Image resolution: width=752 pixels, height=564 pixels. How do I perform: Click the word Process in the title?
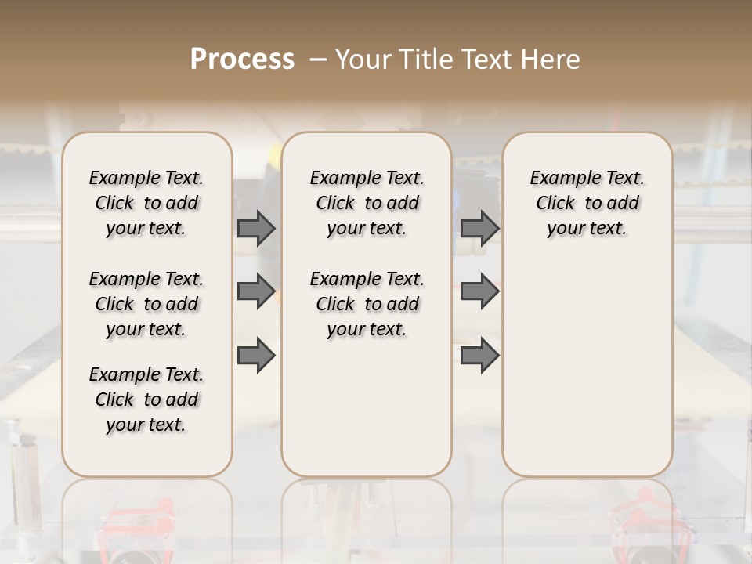pyautogui.click(x=242, y=59)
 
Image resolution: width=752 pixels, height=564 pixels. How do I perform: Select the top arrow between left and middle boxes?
pyautogui.click(x=256, y=228)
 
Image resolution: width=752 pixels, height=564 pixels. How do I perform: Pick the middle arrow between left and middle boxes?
pyautogui.click(x=256, y=291)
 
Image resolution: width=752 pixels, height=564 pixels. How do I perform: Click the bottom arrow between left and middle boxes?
pyautogui.click(x=256, y=355)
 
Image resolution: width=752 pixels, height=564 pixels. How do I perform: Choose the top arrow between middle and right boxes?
pyautogui.click(x=479, y=228)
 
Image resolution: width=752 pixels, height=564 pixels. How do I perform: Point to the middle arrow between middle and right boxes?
pyautogui.click(x=479, y=291)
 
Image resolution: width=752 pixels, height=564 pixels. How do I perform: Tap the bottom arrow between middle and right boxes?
pyautogui.click(x=479, y=355)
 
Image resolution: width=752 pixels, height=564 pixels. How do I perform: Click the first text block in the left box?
pyautogui.click(x=146, y=203)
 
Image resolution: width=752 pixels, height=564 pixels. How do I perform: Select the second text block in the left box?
pyautogui.click(x=146, y=304)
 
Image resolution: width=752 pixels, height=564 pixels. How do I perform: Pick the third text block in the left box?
pyautogui.click(x=146, y=399)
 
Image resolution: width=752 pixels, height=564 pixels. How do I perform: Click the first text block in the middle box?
pyautogui.click(x=367, y=203)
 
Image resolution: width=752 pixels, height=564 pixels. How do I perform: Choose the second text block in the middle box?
pyautogui.click(x=367, y=304)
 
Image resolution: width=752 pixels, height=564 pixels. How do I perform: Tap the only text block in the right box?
pyautogui.click(x=587, y=203)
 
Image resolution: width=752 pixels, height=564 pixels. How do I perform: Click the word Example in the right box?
pyautogui.click(x=561, y=179)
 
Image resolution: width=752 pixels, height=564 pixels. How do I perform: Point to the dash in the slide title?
pyautogui.click(x=318, y=60)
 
